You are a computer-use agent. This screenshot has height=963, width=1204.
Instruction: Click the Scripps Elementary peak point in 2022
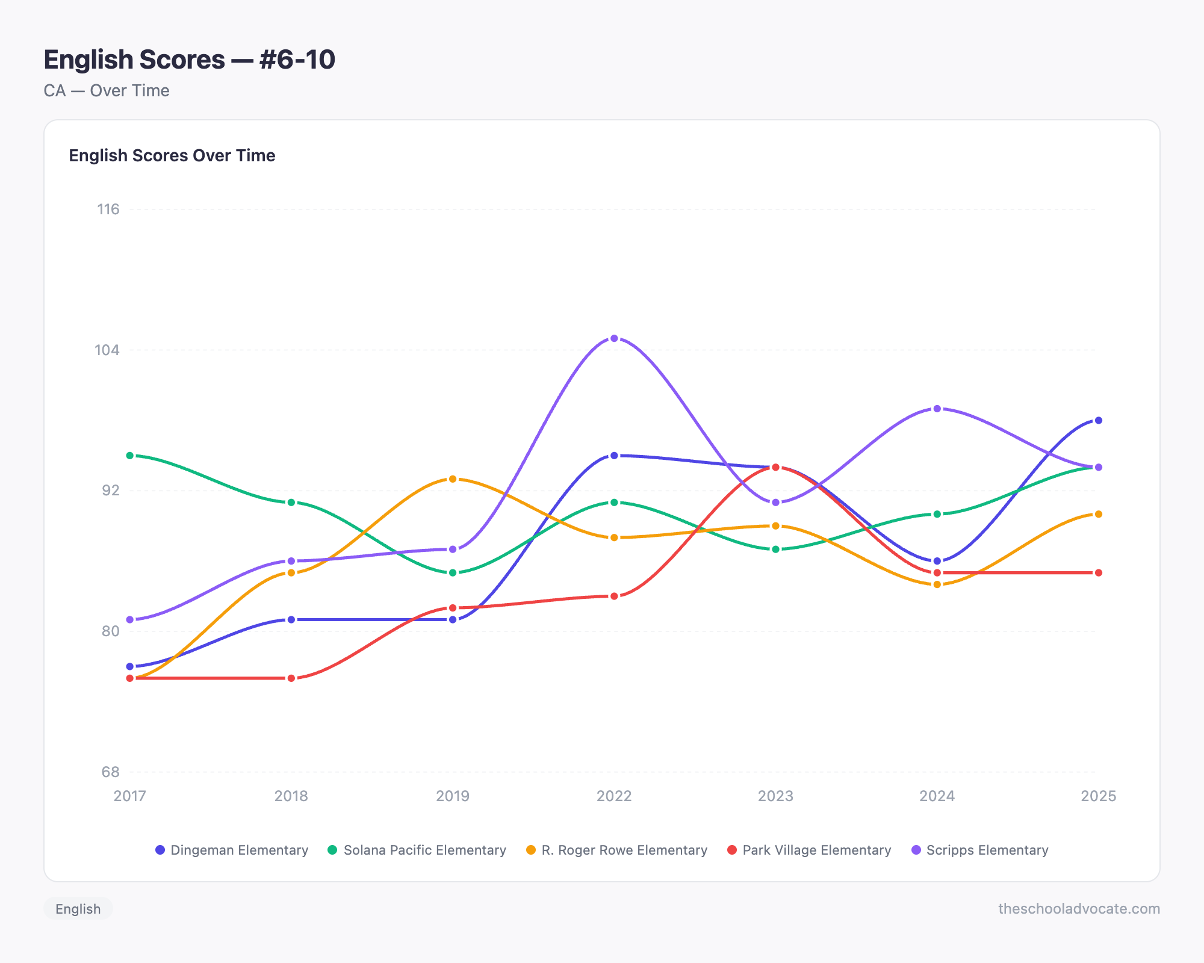coord(614,338)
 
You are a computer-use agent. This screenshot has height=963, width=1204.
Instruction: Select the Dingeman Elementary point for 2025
coord(1098,420)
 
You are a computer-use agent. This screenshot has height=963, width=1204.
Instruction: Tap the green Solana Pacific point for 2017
coord(130,456)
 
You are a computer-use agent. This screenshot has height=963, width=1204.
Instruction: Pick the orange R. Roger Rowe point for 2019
coord(453,479)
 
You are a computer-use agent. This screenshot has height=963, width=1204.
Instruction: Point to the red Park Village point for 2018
coord(291,678)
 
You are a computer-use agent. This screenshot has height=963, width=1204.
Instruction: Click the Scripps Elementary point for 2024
coord(937,409)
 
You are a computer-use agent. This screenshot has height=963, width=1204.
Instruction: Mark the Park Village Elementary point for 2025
coord(1098,573)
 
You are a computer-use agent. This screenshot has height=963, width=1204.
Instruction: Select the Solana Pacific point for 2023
coord(775,550)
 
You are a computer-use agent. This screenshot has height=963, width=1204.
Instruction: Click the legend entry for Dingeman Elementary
coord(232,850)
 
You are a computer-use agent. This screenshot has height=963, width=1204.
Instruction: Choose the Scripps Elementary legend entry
coord(981,850)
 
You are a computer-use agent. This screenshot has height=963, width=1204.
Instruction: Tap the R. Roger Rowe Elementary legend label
coord(617,850)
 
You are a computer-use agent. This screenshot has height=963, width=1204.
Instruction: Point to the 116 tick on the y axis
coord(108,209)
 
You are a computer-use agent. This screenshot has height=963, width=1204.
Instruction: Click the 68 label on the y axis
coord(110,772)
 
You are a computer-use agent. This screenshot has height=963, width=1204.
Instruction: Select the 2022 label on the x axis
coord(614,796)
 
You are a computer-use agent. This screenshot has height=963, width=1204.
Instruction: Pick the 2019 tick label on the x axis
coord(453,796)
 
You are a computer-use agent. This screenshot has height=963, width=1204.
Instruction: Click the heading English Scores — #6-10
coord(189,60)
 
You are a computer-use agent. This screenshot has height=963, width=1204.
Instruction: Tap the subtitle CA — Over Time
coord(107,91)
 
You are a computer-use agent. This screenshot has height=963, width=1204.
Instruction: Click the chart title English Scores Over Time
coord(172,155)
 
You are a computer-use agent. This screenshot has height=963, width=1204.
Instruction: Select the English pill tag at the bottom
coord(78,909)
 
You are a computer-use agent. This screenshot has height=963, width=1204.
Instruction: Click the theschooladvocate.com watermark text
coord(1079,909)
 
